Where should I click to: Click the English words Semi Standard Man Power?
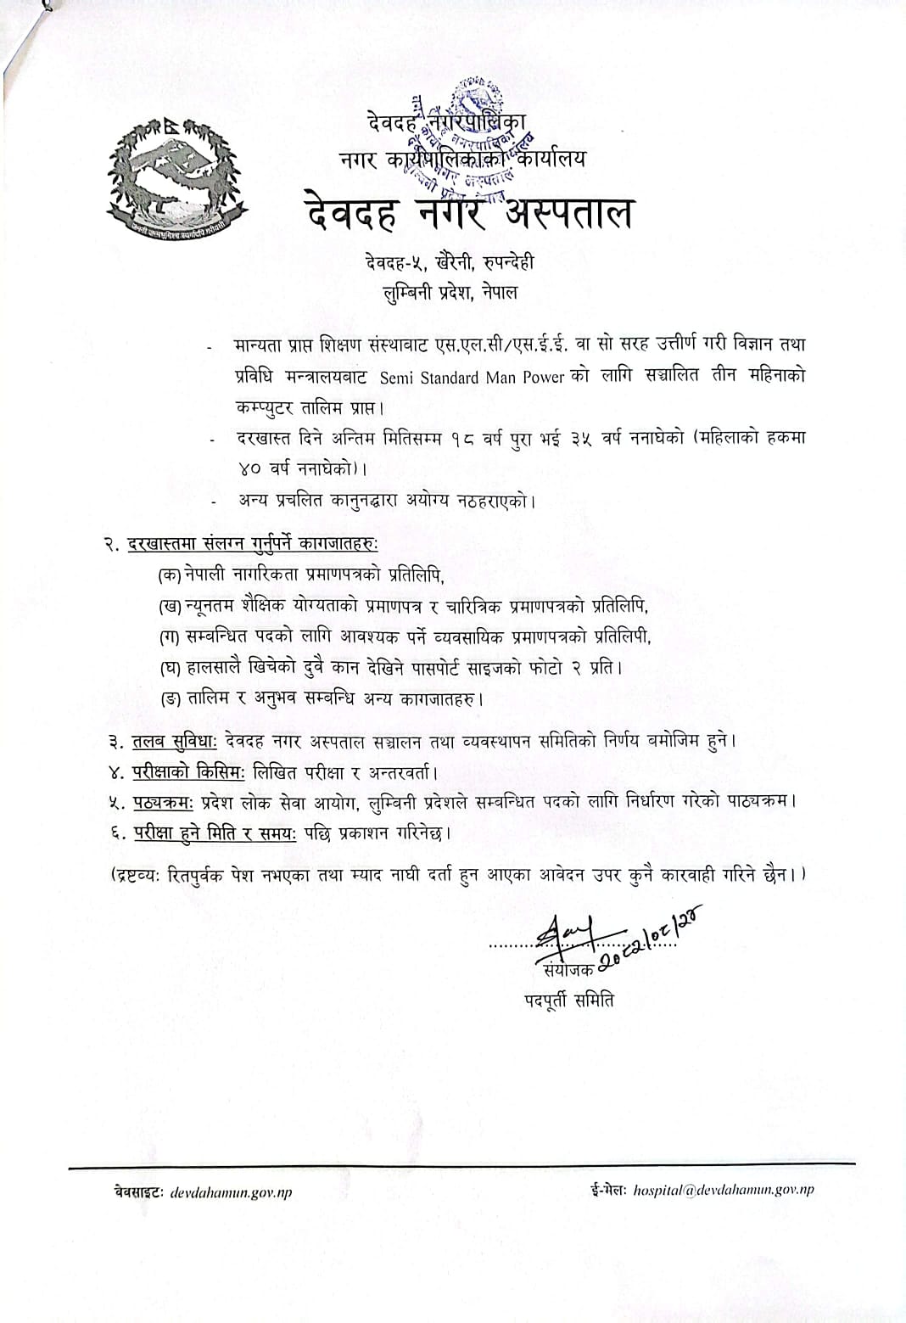(x=472, y=378)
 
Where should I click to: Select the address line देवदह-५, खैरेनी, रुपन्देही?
(x=450, y=262)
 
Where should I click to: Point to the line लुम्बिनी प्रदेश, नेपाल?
(x=450, y=293)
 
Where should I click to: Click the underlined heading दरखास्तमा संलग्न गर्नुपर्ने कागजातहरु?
(x=252, y=544)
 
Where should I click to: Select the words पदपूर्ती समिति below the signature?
(x=568, y=1001)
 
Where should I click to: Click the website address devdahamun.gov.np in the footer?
(x=231, y=1192)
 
